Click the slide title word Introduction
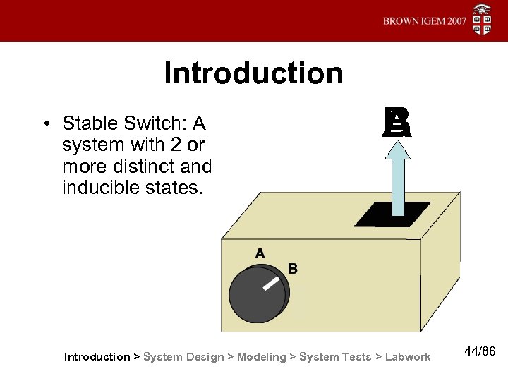pos(253,73)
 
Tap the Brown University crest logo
pos(483,20)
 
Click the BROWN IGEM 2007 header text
pos(425,21)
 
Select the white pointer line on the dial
pos(270,284)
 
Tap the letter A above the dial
pos(260,253)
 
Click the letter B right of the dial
pos(293,269)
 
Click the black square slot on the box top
pos(392,214)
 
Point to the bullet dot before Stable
pos(44,124)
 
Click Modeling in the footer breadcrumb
pos(262,357)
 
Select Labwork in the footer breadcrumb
pos(408,357)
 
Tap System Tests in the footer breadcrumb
pos(335,357)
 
